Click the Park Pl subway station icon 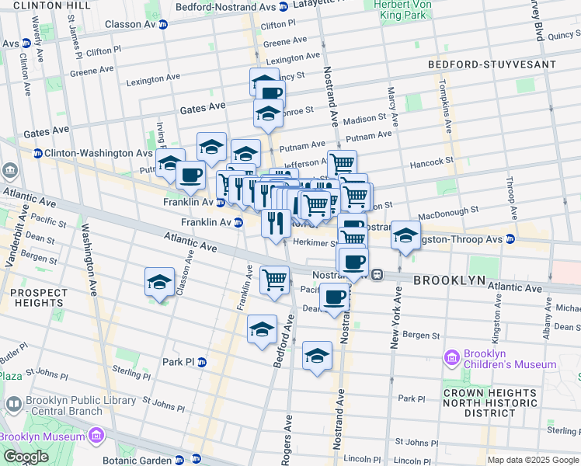202,362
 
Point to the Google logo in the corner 26,457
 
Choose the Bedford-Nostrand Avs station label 226,5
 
